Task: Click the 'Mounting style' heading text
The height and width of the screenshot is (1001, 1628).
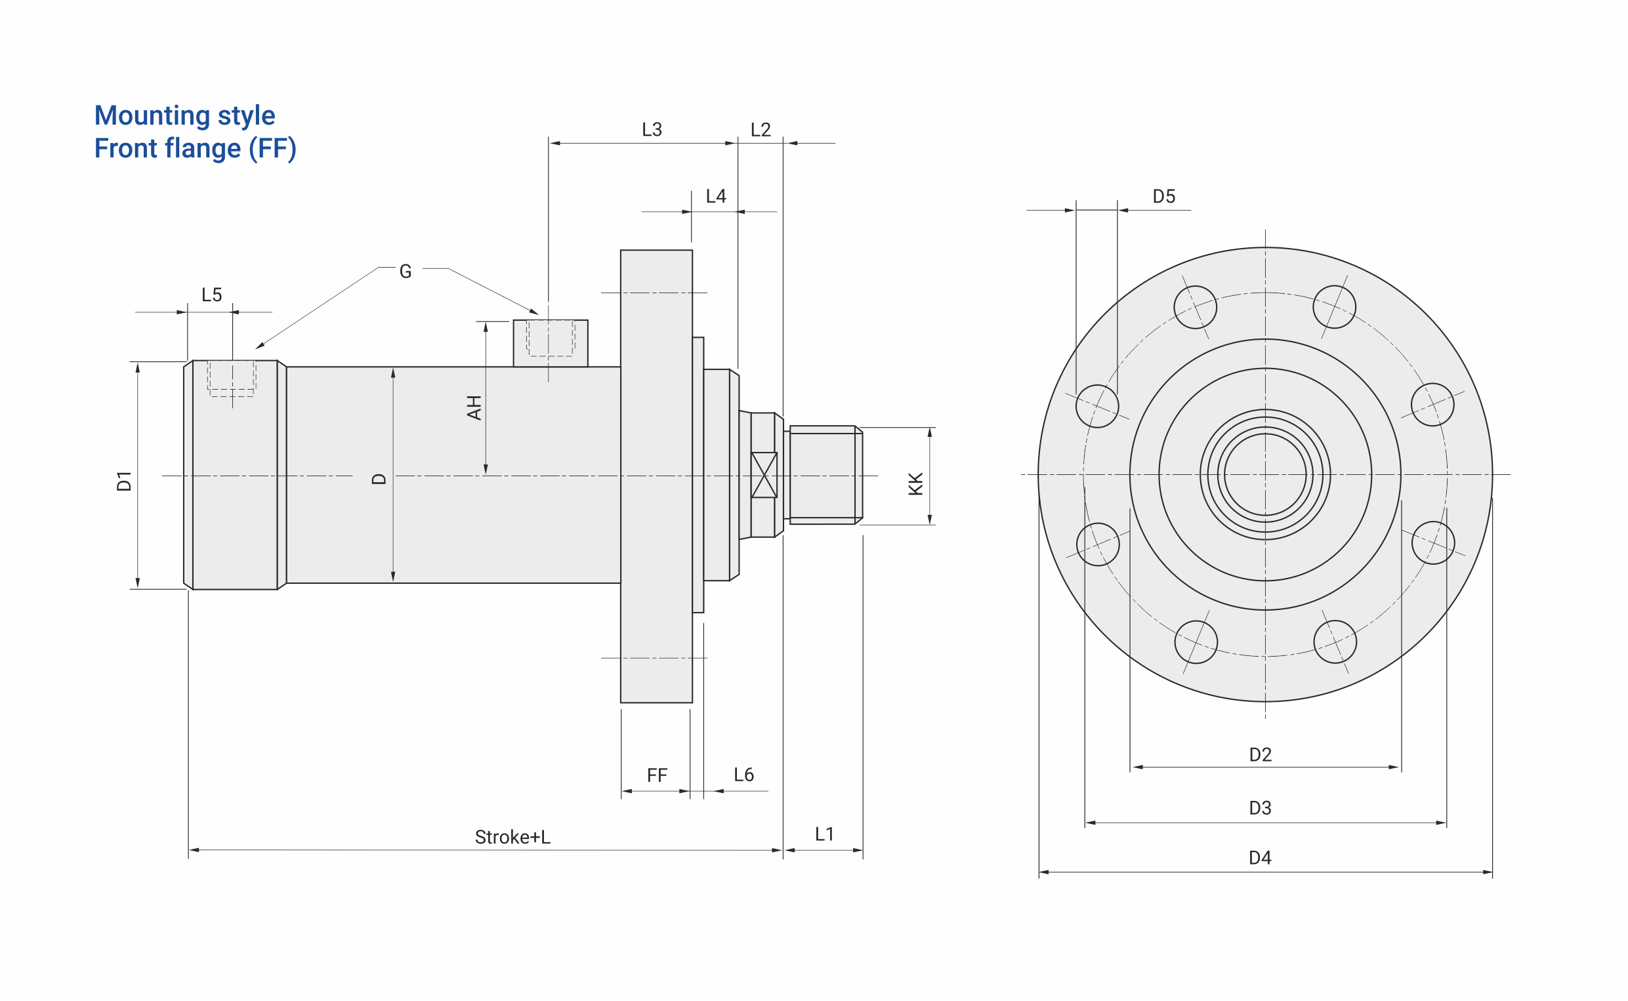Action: pyautogui.click(x=184, y=116)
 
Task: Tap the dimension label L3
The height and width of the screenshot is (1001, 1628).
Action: pyautogui.click(x=652, y=130)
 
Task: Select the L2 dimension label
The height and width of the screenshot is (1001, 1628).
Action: pyautogui.click(x=760, y=130)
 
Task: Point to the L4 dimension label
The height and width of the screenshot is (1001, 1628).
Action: pyautogui.click(x=716, y=196)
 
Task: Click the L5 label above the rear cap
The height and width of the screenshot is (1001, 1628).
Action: pyautogui.click(x=211, y=295)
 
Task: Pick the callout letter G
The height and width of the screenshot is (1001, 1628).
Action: pyautogui.click(x=405, y=272)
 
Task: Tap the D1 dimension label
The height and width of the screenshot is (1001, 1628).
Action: pyautogui.click(x=124, y=481)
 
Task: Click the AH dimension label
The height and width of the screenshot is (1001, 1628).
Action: pyautogui.click(x=474, y=408)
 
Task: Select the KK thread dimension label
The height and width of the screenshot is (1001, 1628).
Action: pyautogui.click(x=915, y=484)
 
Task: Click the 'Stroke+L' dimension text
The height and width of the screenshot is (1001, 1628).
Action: pyautogui.click(x=512, y=838)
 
